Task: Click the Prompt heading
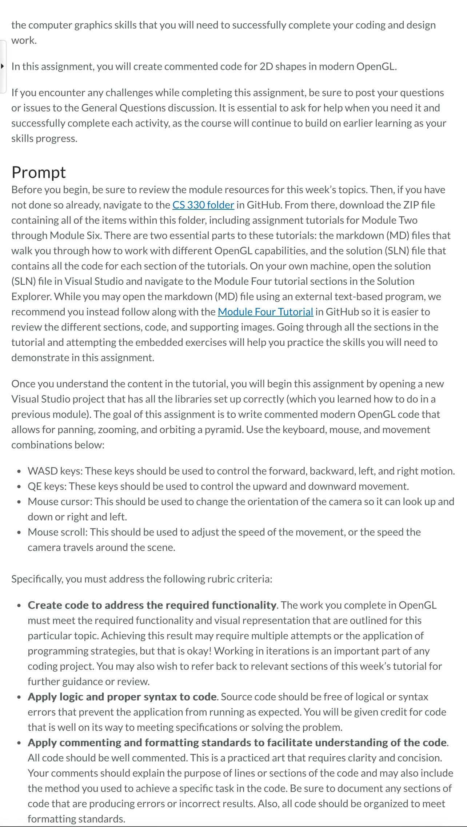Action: [x=39, y=172]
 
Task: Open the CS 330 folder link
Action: [x=203, y=205]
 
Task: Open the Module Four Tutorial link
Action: [x=265, y=312]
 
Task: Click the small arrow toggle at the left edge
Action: [x=2, y=66]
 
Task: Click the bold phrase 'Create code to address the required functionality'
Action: [x=152, y=605]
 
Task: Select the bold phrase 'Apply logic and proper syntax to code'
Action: [x=122, y=696]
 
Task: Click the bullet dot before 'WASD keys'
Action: [x=19, y=471]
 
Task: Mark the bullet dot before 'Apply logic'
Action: [x=19, y=697]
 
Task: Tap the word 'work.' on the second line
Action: [x=24, y=40]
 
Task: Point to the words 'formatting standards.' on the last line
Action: [x=76, y=819]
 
